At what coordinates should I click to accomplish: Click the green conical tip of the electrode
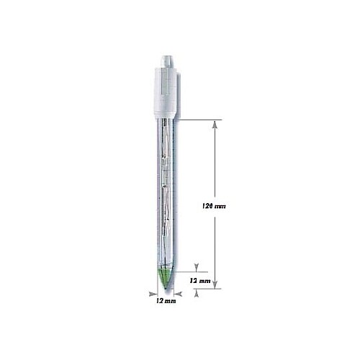point(164,277)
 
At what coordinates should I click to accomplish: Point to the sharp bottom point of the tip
point(164,292)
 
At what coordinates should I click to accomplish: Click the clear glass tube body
point(164,194)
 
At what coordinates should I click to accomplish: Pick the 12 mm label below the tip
point(165,302)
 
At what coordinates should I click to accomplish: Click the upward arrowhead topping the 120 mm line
point(214,124)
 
